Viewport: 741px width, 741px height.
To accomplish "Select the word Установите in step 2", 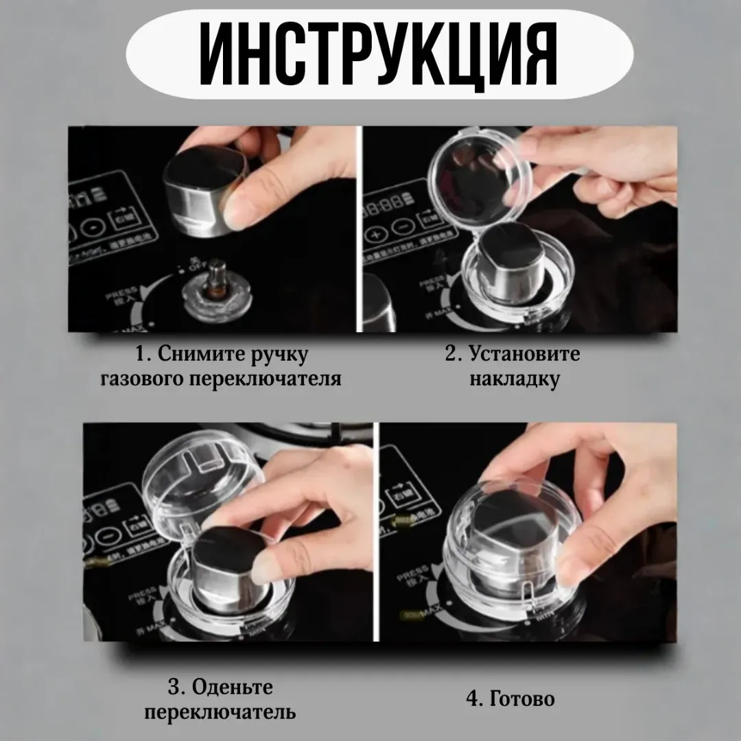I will point(525,354).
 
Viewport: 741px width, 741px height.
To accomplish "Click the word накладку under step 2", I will point(515,379).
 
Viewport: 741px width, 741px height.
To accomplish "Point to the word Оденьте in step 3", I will point(231,687).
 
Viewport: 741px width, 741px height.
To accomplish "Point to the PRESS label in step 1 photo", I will point(117,294).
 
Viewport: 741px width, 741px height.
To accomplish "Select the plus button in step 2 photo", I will point(377,233).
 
